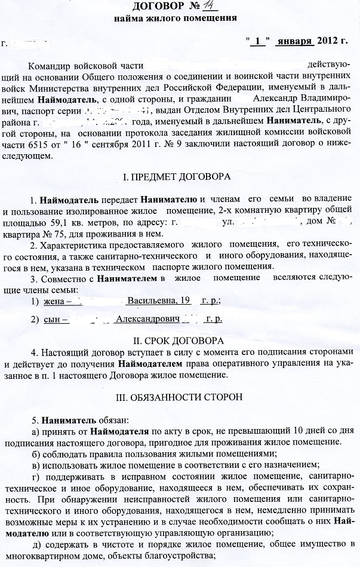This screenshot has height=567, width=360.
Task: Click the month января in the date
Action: pyautogui.click(x=295, y=42)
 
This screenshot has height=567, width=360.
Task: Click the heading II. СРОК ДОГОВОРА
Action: pyautogui.click(x=179, y=341)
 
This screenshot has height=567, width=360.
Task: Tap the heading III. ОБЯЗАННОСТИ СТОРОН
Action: pyautogui.click(x=179, y=397)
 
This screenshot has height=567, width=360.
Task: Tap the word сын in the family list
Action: pyautogui.click(x=53, y=319)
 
